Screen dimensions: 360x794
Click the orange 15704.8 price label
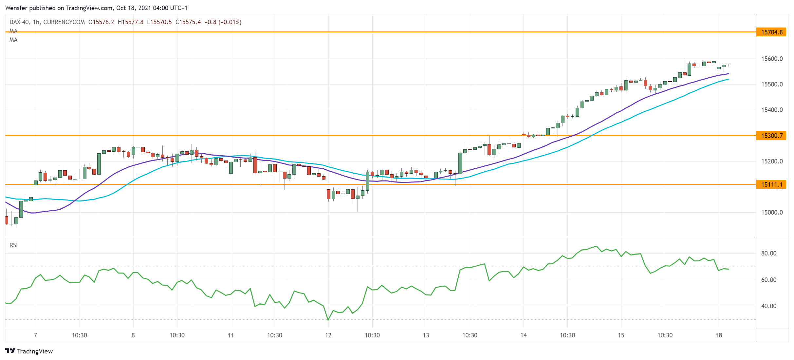(771, 32)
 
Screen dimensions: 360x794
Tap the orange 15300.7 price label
(771, 136)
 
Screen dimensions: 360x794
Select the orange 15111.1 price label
(771, 184)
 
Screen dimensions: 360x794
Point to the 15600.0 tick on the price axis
(772, 59)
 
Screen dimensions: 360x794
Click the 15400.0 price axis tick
(772, 110)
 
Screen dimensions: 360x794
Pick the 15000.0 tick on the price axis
(772, 213)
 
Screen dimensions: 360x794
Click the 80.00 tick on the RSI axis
(768, 254)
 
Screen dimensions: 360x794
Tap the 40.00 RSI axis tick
(768, 306)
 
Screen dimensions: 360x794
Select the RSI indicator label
(13, 245)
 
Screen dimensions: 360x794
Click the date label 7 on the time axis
(35, 335)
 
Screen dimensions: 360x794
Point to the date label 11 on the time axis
(231, 335)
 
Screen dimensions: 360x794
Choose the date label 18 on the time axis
(719, 335)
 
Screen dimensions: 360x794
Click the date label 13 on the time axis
(426, 335)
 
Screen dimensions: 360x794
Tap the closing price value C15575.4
(188, 22)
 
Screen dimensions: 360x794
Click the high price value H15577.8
(130, 22)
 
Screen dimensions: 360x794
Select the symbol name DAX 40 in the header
(19, 22)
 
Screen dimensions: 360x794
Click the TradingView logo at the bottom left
(29, 351)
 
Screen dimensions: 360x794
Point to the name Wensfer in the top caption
(16, 8)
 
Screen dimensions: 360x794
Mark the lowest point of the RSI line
(328, 320)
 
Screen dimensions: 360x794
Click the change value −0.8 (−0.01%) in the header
(223, 22)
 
